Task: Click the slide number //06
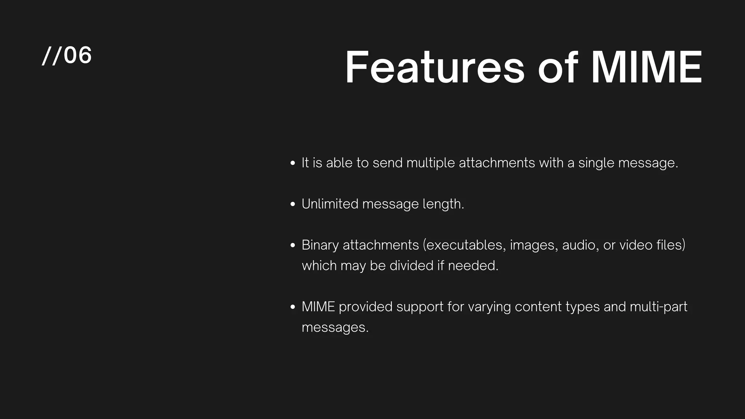[x=67, y=56]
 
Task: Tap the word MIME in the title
[x=646, y=68]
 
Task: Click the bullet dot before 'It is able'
[x=293, y=163]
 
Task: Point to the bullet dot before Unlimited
[x=293, y=204]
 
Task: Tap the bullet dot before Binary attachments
[x=293, y=246]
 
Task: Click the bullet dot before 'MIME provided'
[x=293, y=307]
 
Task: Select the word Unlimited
[x=330, y=204]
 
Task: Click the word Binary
[x=320, y=245]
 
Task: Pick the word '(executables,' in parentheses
[x=464, y=245]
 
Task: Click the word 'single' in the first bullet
[x=596, y=163]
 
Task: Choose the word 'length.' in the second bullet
[x=443, y=204]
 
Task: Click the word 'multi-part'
[x=658, y=307]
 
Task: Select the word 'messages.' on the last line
[x=335, y=327]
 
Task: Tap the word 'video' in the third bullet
[x=636, y=245]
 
